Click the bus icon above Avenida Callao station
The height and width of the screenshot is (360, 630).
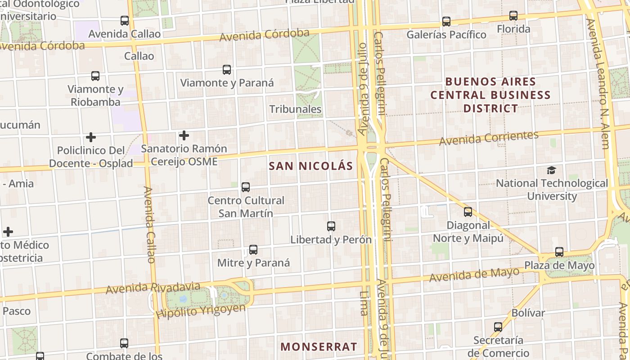click(125, 21)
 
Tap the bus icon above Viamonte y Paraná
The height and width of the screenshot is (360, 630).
click(227, 70)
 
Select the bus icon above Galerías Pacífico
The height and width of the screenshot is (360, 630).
click(446, 21)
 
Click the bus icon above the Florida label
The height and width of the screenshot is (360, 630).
click(513, 16)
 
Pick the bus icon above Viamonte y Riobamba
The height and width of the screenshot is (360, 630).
click(95, 76)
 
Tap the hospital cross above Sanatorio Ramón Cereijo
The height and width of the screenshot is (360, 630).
click(184, 135)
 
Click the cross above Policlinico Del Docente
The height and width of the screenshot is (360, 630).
click(91, 137)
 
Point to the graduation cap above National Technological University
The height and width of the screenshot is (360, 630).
click(551, 170)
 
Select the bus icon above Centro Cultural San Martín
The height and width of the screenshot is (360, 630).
click(246, 187)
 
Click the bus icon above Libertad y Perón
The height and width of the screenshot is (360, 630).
click(331, 226)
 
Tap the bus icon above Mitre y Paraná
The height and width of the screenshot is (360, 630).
click(253, 250)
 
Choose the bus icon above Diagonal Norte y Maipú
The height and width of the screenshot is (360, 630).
click(468, 212)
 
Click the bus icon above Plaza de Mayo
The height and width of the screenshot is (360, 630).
click(559, 252)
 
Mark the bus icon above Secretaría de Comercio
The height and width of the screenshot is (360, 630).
click(498, 327)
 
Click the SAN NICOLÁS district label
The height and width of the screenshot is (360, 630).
click(311, 166)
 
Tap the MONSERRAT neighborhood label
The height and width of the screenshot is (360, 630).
click(319, 347)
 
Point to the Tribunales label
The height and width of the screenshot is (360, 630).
click(295, 109)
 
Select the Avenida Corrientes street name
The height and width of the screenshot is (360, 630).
click(489, 138)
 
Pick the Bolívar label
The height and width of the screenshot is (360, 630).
click(528, 313)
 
